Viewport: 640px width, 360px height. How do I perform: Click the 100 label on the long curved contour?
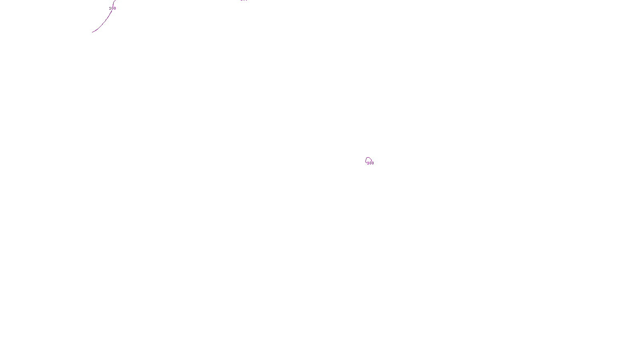pos(112,8)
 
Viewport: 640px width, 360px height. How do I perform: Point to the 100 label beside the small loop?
pos(370,163)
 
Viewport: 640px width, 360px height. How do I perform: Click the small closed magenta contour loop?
pos(368,160)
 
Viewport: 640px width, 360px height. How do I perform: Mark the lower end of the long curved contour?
pos(92,32)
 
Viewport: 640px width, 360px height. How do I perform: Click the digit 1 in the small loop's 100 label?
pos(368,163)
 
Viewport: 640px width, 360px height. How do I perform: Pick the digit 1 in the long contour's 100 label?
pos(110,8)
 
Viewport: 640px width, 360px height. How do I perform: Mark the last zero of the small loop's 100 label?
pos(373,163)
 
